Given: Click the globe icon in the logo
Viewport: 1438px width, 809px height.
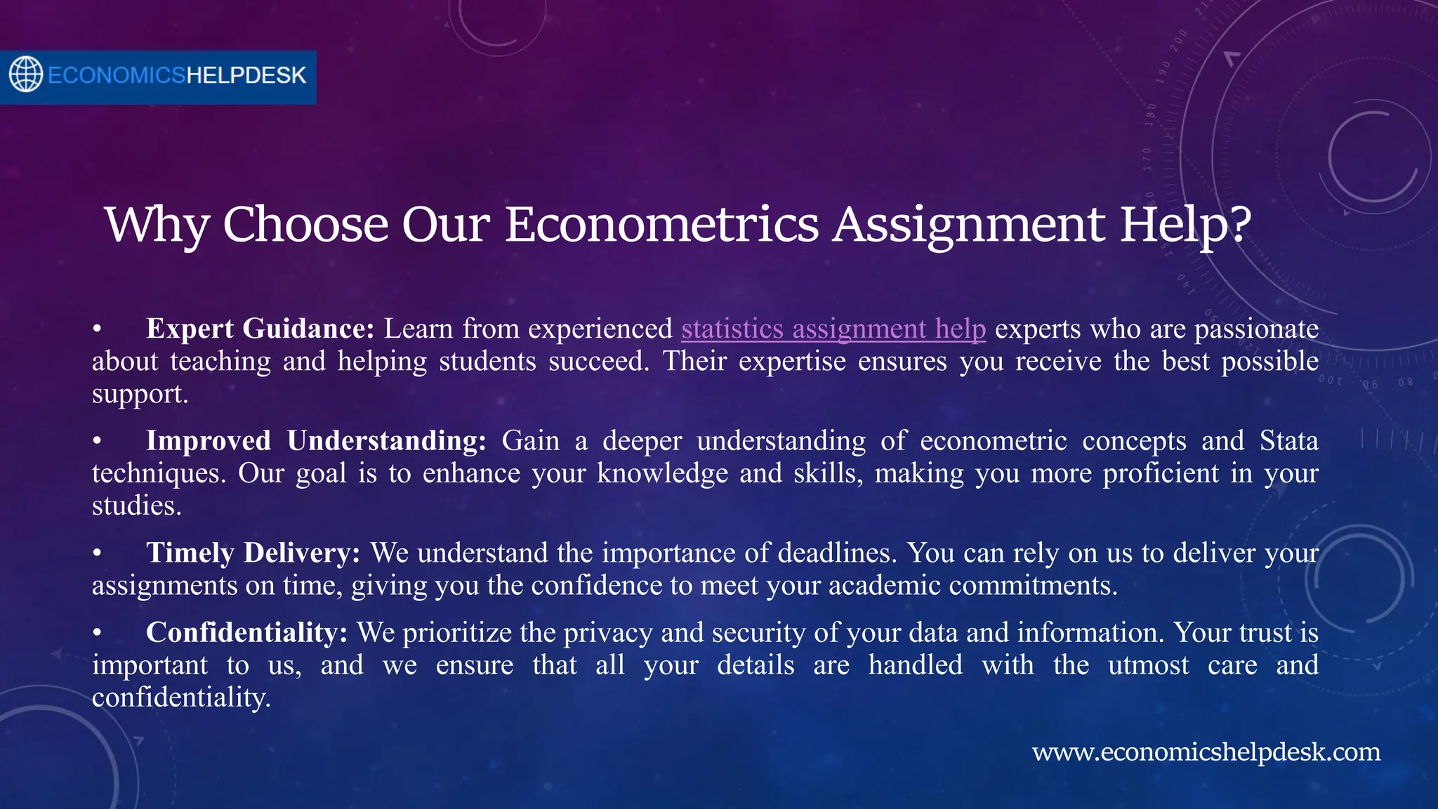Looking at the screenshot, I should pyautogui.click(x=26, y=74).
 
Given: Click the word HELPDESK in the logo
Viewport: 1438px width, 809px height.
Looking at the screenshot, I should pyautogui.click(x=246, y=75).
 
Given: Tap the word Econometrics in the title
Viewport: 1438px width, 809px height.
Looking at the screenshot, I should pyautogui.click(x=661, y=225).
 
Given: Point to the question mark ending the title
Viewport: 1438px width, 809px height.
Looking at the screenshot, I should pyautogui.click(x=1240, y=225).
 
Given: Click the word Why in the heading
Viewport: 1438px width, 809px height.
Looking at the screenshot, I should pyautogui.click(x=157, y=225).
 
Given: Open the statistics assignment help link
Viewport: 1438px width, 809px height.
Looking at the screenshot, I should pyautogui.click(x=833, y=329).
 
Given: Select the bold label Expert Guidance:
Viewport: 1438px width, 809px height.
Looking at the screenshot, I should pyautogui.click(x=260, y=329).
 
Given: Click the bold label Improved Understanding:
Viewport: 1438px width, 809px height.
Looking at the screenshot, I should pyautogui.click(x=316, y=441).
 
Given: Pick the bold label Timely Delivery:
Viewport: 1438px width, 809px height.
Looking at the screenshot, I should pyautogui.click(x=253, y=553).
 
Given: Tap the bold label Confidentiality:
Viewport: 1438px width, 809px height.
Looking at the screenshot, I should pyautogui.click(x=246, y=633).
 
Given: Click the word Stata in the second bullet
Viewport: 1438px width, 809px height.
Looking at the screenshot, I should pyautogui.click(x=1288, y=441).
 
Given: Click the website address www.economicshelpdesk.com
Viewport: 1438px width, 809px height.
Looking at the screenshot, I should pyautogui.click(x=1206, y=752).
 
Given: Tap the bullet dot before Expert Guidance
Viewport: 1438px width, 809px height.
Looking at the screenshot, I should pyautogui.click(x=98, y=329).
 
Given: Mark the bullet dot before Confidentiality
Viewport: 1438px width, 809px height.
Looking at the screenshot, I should pyautogui.click(x=98, y=633).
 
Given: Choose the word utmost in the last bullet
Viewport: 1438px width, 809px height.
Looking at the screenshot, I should pyautogui.click(x=1148, y=665).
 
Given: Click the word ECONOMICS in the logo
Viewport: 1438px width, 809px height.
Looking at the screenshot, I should pyautogui.click(x=117, y=75).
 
